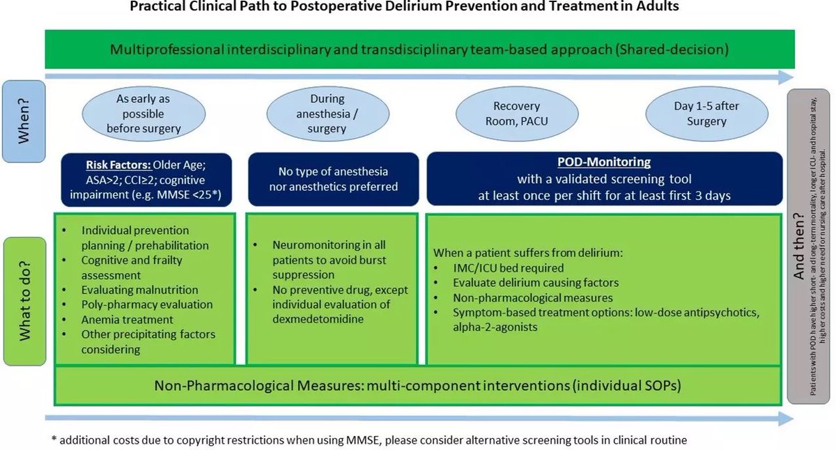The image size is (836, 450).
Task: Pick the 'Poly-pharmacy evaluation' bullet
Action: coord(147,305)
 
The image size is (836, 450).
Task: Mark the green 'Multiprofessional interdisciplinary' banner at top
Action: coord(419,49)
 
